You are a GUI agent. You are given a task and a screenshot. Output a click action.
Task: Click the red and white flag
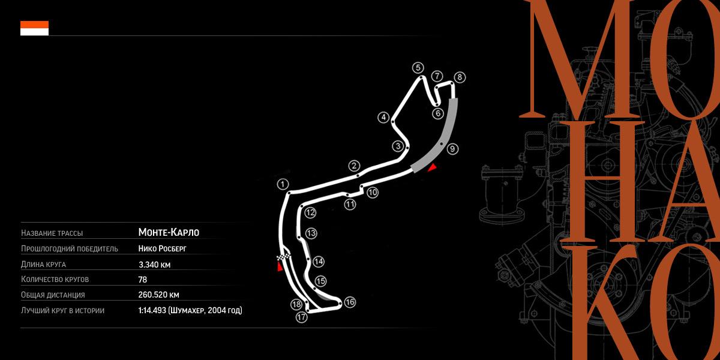(x=34, y=28)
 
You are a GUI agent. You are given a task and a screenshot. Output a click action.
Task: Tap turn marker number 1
(x=283, y=184)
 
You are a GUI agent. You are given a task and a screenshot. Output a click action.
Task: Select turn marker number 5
(x=418, y=68)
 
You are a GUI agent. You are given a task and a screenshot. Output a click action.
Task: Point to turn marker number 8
(x=460, y=77)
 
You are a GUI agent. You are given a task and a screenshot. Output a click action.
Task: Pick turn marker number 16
(x=350, y=302)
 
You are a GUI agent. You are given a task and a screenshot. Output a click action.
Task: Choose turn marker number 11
(x=350, y=204)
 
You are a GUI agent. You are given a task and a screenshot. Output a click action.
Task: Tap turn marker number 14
(x=318, y=261)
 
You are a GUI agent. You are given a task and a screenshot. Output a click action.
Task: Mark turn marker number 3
(x=397, y=146)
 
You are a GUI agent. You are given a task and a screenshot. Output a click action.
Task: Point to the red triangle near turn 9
(x=431, y=167)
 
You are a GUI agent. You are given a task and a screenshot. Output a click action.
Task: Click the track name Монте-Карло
(x=168, y=232)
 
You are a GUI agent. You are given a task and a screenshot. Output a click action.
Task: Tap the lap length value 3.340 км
(x=155, y=264)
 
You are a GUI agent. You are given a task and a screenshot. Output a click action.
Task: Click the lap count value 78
(x=143, y=279)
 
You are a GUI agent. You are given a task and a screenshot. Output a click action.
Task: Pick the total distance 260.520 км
(x=159, y=295)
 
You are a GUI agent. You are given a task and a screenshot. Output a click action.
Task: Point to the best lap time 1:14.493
(x=153, y=310)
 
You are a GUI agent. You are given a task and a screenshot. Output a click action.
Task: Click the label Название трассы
(x=52, y=233)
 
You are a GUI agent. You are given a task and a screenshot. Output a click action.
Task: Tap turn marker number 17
(x=301, y=317)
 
